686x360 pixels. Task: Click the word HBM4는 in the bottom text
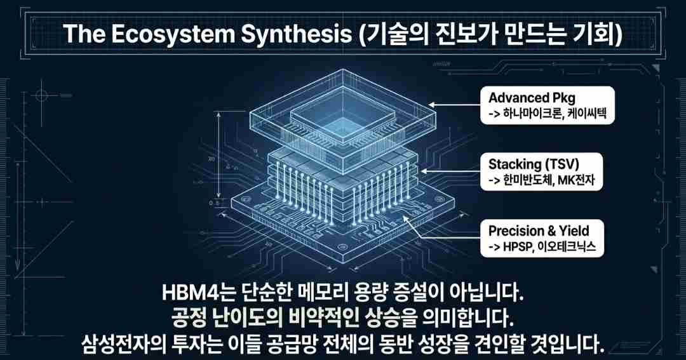point(198,294)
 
